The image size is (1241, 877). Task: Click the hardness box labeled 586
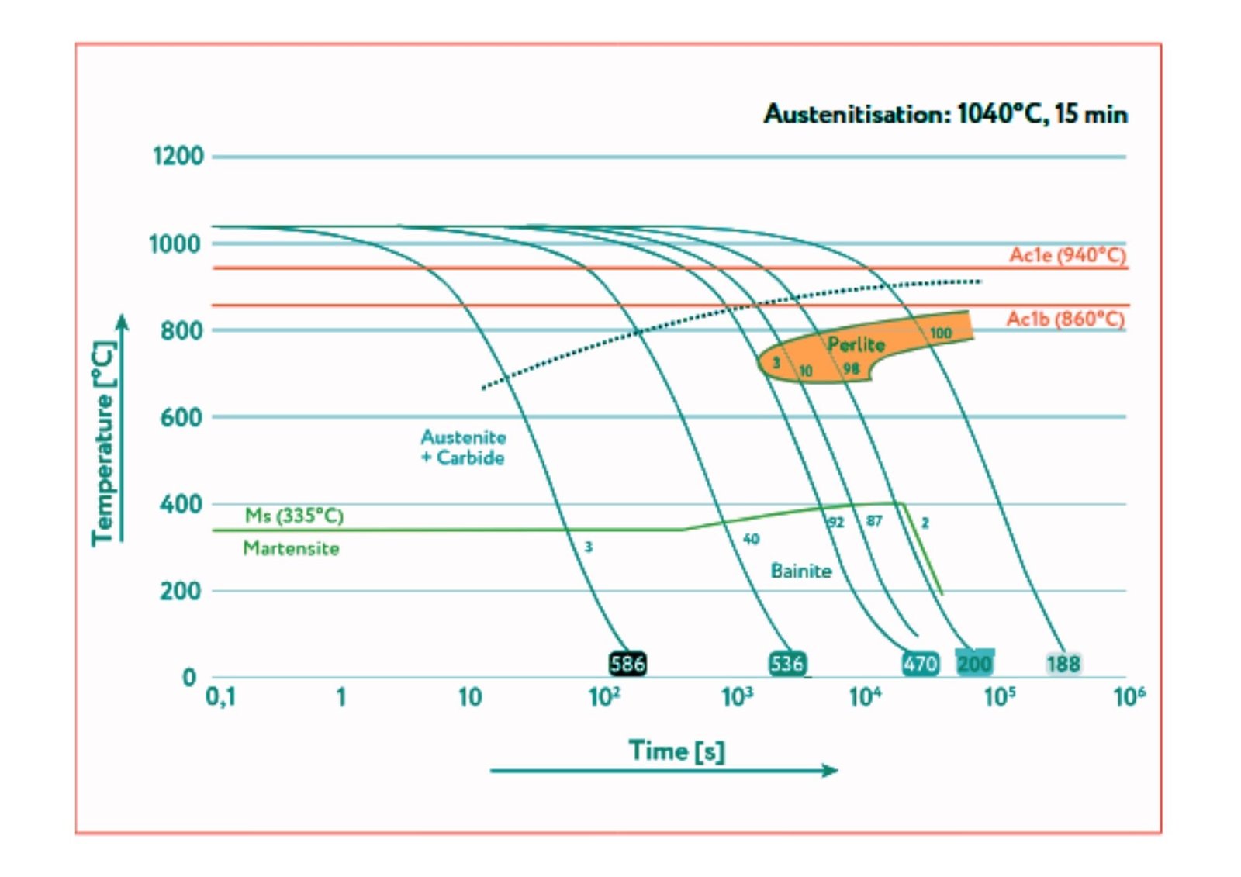click(x=627, y=664)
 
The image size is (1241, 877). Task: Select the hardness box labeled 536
click(x=787, y=664)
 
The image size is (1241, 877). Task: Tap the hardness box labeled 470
click(x=920, y=664)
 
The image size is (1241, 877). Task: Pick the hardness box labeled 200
click(x=974, y=664)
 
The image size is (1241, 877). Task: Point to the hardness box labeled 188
click(x=1063, y=664)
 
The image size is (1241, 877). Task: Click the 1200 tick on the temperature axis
click(x=178, y=156)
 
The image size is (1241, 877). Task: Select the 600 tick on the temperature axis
click(x=181, y=417)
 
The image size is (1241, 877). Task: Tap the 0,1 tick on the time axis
click(x=220, y=697)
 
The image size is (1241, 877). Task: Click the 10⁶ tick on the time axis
click(x=1129, y=697)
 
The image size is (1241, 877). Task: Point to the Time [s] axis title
click(x=676, y=751)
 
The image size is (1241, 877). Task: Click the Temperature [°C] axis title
click(x=103, y=444)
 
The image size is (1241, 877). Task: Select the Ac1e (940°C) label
click(x=1067, y=255)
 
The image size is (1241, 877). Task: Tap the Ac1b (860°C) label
click(x=1065, y=319)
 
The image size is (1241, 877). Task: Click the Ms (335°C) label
click(x=294, y=516)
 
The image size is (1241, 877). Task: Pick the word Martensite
click(x=291, y=548)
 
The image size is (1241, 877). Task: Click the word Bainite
click(x=800, y=571)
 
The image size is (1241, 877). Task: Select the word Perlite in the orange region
click(x=856, y=344)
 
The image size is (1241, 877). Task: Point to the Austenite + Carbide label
click(x=463, y=447)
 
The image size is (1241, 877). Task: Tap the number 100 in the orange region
click(x=940, y=333)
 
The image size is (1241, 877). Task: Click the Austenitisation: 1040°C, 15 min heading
click(x=945, y=114)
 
